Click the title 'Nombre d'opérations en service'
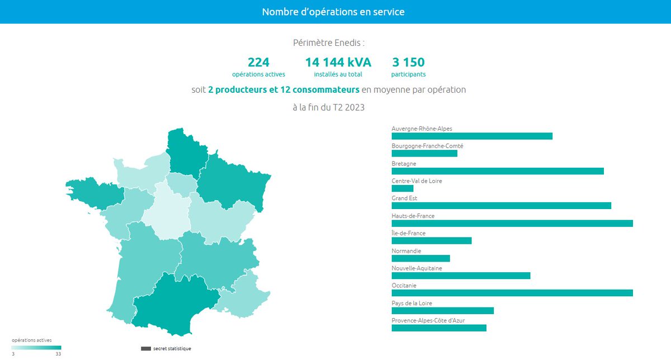[x=333, y=12]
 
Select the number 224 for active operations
[x=258, y=63]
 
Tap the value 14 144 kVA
[x=338, y=63]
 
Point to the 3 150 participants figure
[x=408, y=63]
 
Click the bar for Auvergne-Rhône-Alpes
[x=471, y=136]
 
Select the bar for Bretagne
[x=497, y=171]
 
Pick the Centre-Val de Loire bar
[x=402, y=188]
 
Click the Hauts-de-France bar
[x=512, y=224]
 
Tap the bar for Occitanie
[x=512, y=293]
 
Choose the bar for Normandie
[x=420, y=258]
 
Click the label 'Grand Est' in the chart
[x=404, y=198]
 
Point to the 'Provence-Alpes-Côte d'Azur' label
[x=428, y=320]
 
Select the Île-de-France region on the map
[x=179, y=183]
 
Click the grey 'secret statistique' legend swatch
[x=146, y=349]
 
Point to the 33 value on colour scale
[x=58, y=354]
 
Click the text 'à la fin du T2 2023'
[x=328, y=107]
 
